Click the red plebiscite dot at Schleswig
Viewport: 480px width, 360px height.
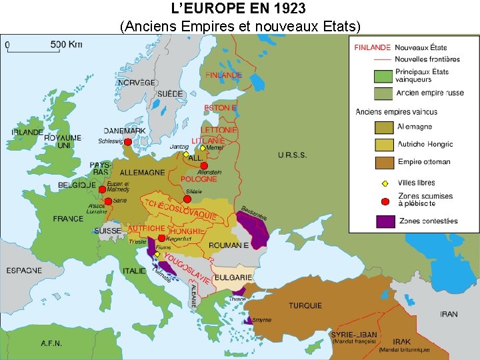tap(128, 142)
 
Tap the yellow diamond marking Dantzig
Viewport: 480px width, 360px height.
tap(186, 154)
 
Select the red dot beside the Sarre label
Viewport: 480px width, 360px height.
tap(108, 201)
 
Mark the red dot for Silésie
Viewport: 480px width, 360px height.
tap(187, 199)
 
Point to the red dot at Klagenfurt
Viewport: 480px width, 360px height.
tap(162, 238)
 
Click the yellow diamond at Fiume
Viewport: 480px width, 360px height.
tap(157, 254)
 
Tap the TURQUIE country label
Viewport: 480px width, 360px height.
tap(305, 306)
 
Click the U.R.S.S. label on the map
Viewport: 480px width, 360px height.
tap(293, 155)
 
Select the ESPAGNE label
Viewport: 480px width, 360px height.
tap(24, 271)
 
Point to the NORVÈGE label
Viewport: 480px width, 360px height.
tap(137, 83)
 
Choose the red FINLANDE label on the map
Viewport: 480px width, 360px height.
tap(223, 75)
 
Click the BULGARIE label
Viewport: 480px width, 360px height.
tap(233, 277)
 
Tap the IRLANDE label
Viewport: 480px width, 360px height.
tap(27, 132)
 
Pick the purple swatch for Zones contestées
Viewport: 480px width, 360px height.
tap(384, 221)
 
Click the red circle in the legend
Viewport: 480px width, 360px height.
tap(384, 200)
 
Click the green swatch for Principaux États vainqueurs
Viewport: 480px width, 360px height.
tap(384, 76)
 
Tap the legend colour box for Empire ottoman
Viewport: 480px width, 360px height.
tap(384, 161)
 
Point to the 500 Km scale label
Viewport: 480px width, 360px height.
tap(66, 45)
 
